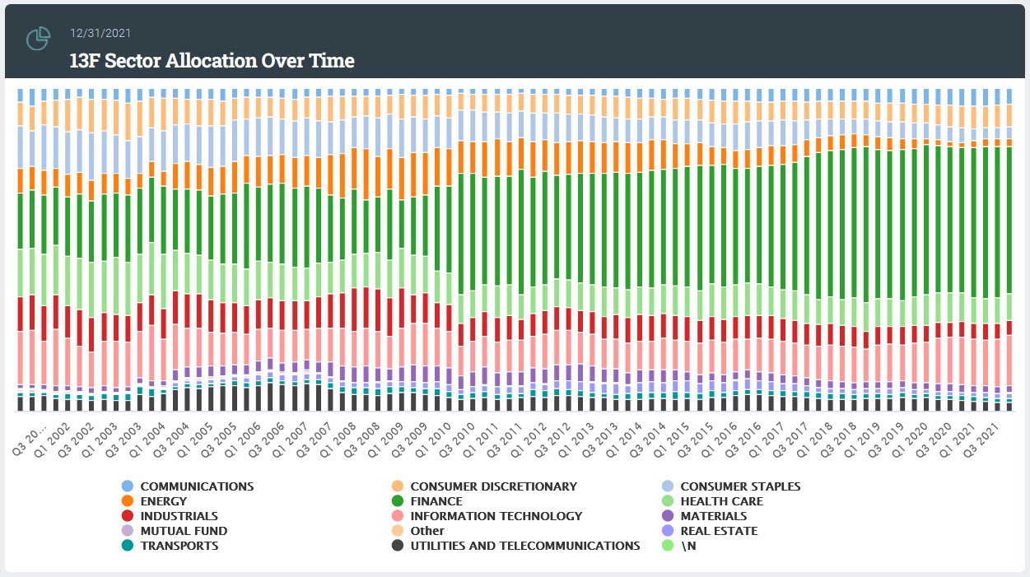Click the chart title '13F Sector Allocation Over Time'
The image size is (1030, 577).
212,60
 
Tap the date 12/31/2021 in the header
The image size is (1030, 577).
100,33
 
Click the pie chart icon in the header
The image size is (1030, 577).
39,39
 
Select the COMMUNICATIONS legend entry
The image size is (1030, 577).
197,486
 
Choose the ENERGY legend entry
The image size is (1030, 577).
163,501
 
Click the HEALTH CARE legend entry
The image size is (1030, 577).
721,501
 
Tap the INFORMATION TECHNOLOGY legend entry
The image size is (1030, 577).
496,516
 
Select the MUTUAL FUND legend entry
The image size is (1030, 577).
184,531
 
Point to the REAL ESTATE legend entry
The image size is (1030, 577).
719,531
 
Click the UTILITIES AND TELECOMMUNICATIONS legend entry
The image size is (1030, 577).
524,546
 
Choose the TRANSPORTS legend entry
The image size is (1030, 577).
179,546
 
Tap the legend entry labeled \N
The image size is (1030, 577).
689,546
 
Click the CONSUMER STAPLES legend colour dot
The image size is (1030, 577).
667,486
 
